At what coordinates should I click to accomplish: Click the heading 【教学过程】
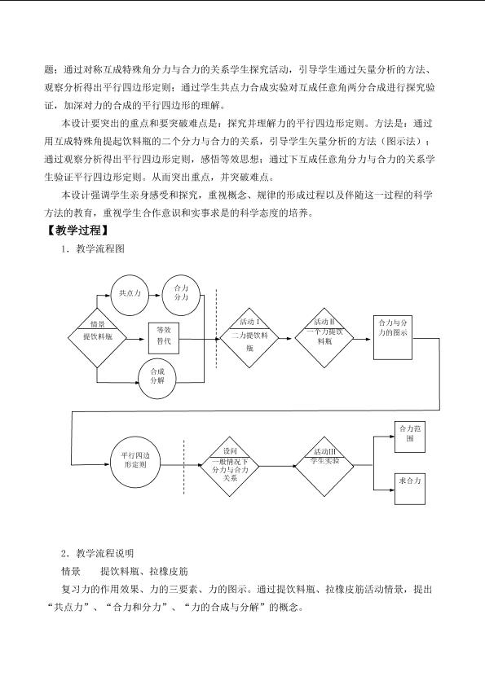pyautogui.click(x=77, y=231)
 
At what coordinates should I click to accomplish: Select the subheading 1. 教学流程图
pyautogui.click(x=93, y=249)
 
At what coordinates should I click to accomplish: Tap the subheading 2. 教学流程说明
pyautogui.click(x=97, y=554)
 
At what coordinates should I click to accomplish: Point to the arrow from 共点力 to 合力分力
pyautogui.click(x=156, y=295)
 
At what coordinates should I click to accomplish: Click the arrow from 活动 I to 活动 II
pyautogui.click(x=285, y=338)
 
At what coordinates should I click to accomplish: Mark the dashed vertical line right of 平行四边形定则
pyautogui.click(x=183, y=467)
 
